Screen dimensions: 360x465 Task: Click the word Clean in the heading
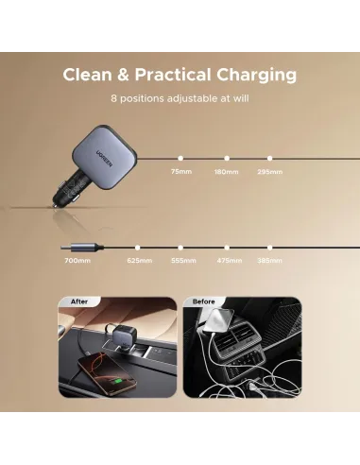coord(88,75)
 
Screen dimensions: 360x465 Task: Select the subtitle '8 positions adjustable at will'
coord(180,98)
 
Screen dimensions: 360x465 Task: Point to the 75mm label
coord(181,172)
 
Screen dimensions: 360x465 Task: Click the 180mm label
coord(226,172)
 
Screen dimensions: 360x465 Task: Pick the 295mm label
coord(270,172)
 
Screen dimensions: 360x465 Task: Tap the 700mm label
coord(77,261)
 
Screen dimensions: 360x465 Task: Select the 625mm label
coord(140,261)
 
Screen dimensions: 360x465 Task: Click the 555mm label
coord(183,261)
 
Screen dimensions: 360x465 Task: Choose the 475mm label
coord(230,261)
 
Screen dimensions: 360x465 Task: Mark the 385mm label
coord(269,261)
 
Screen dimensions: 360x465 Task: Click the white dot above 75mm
coord(180,158)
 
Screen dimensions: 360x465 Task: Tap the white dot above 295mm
coord(269,158)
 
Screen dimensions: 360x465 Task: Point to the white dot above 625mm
coord(137,248)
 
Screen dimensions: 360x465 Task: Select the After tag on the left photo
coord(79,301)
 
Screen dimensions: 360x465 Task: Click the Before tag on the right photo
coord(203,301)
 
